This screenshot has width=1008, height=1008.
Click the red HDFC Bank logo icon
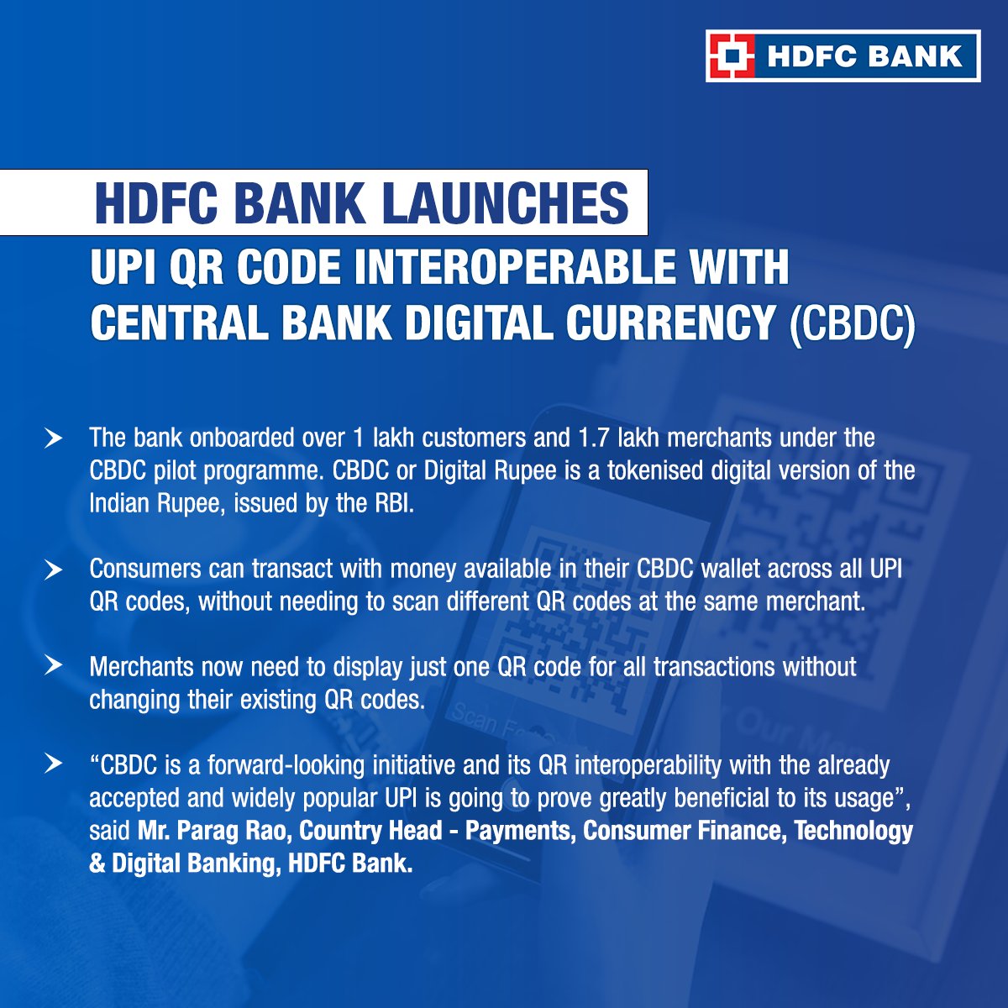pyautogui.click(x=729, y=55)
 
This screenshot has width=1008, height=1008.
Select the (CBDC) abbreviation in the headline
pyautogui.click(x=852, y=323)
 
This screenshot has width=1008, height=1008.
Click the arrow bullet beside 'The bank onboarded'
pyautogui.click(x=54, y=438)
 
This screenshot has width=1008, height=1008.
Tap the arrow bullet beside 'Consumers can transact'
pyautogui.click(x=54, y=570)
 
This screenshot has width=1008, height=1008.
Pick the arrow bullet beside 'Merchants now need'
pyautogui.click(x=54, y=666)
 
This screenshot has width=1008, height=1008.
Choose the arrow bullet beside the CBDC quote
pyautogui.click(x=54, y=764)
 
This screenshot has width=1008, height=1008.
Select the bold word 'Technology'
pyautogui.click(x=853, y=831)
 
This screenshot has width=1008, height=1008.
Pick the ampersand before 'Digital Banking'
pyautogui.click(x=97, y=864)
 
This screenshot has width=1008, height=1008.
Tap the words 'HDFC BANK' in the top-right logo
pyautogui.click(x=864, y=56)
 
